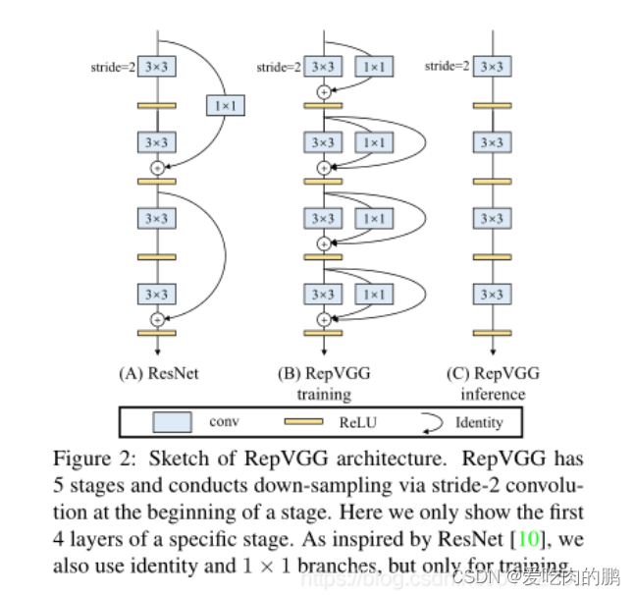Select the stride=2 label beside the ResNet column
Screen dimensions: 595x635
click(113, 67)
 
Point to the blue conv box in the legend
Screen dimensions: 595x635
click(171, 422)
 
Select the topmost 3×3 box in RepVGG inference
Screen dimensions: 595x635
click(493, 67)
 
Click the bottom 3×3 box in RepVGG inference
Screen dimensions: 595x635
click(493, 294)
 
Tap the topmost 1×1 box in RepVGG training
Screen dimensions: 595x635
click(373, 67)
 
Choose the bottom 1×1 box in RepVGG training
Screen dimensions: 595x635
click(373, 294)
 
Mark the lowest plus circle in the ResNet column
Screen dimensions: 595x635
click(156, 319)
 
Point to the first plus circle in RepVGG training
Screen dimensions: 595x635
click(324, 91)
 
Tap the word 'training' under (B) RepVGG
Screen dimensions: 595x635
click(324, 395)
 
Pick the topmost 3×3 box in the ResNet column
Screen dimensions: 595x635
click(156, 67)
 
